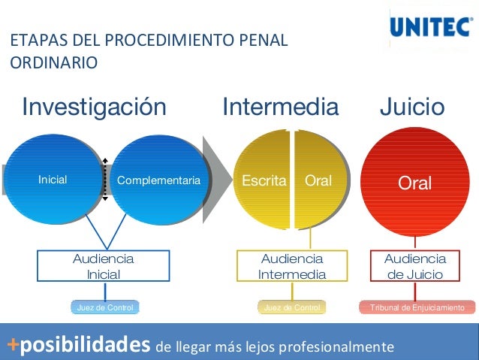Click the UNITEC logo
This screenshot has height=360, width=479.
(x=430, y=28)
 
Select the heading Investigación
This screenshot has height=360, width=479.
(x=94, y=107)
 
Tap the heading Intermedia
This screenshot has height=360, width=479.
(x=280, y=107)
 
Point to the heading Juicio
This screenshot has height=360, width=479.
(x=411, y=107)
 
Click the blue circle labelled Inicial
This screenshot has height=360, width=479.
(x=52, y=180)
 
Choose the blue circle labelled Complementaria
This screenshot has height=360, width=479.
(x=159, y=180)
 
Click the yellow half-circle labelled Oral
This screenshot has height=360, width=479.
(x=320, y=180)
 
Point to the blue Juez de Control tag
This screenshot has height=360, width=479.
(x=105, y=307)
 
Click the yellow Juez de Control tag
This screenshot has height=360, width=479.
(x=292, y=307)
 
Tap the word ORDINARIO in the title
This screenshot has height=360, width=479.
(x=53, y=62)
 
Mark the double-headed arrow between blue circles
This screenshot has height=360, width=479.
(x=106, y=180)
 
